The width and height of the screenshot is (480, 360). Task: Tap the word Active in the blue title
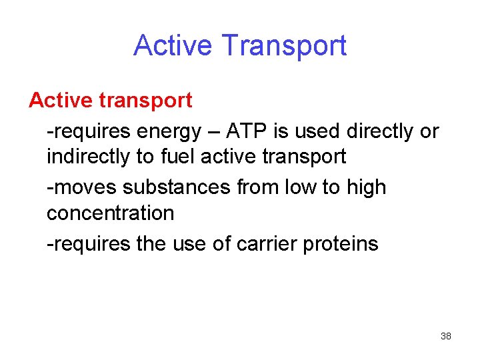pyautogui.click(x=174, y=45)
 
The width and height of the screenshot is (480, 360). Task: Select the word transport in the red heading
pyautogui.click(x=147, y=101)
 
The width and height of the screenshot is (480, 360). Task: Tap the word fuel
pyautogui.click(x=177, y=157)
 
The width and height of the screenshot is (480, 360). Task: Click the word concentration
pyautogui.click(x=110, y=213)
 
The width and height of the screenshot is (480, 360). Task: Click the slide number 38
pyautogui.click(x=446, y=336)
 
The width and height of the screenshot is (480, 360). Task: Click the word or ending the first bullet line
pyautogui.click(x=429, y=131)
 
